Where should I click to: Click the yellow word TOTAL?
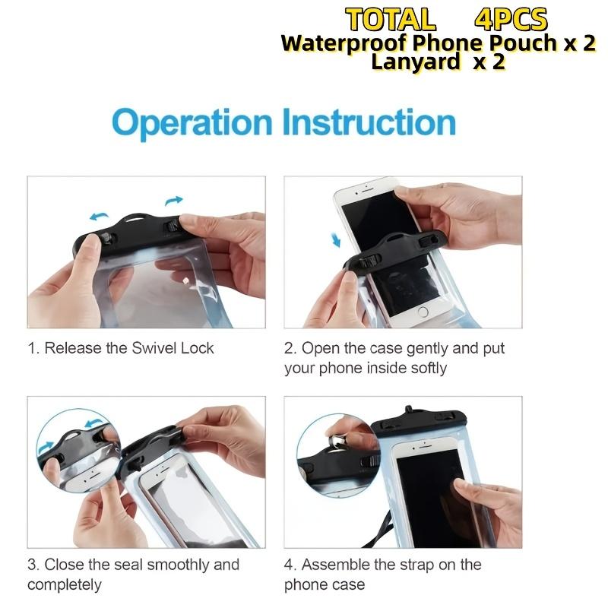pos(391,19)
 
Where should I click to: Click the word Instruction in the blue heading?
pos(369,123)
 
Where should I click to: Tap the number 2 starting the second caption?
pos(289,348)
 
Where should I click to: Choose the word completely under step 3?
pos(65,584)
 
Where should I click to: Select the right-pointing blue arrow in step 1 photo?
pos(174,200)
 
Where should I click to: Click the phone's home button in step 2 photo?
pos(423,311)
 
